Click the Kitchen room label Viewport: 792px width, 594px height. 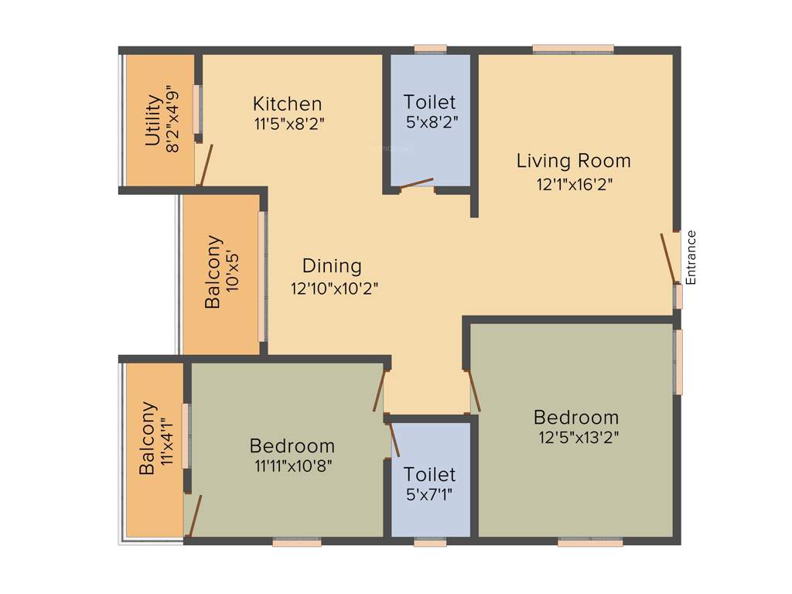(288, 104)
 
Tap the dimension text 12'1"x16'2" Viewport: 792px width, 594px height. (574, 184)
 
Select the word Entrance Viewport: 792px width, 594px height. (691, 257)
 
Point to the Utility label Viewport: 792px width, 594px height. (154, 121)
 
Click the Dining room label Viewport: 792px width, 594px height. (332, 266)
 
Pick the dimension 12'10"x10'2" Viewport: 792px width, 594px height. (334, 288)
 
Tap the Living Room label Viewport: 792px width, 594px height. (574, 161)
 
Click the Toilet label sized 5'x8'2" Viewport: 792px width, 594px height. (430, 102)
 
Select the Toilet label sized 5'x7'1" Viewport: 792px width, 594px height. (430, 474)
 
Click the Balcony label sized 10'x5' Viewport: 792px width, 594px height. (213, 271)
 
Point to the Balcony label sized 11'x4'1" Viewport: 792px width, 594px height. (148, 439)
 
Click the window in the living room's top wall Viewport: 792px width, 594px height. (573, 49)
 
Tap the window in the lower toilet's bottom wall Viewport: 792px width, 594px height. (430, 543)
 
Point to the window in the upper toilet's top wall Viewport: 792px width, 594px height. (430, 49)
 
